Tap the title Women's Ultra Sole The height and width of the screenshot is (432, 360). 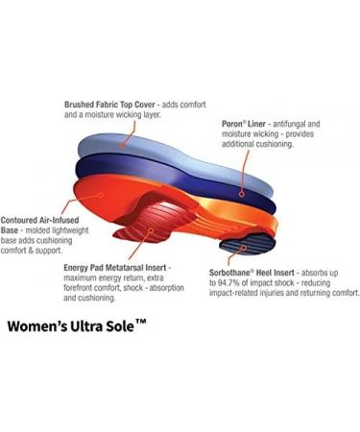click(78, 324)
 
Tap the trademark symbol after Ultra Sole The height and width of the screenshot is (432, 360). click(141, 320)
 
